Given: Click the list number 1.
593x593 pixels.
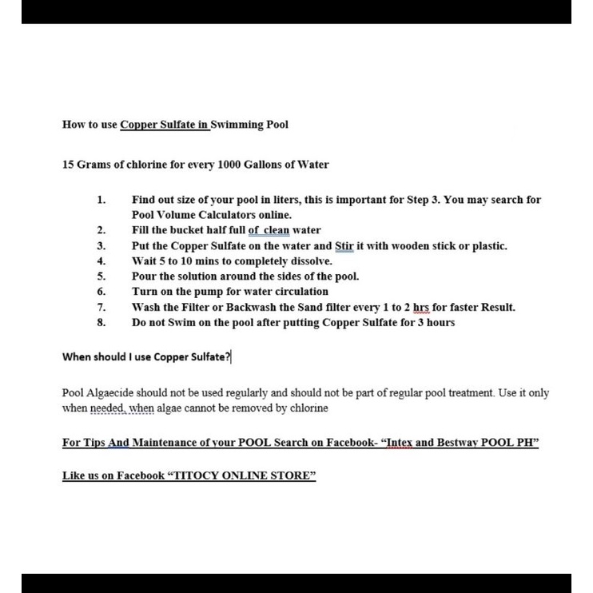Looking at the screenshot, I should coord(101,200).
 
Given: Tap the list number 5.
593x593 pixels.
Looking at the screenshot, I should coord(101,277).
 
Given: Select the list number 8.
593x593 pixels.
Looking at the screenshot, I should coord(101,322).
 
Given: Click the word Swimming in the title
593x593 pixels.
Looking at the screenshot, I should coord(237,125).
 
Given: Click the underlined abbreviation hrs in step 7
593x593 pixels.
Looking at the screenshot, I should coord(420,307).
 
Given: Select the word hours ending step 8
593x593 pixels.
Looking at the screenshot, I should coord(440,322).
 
